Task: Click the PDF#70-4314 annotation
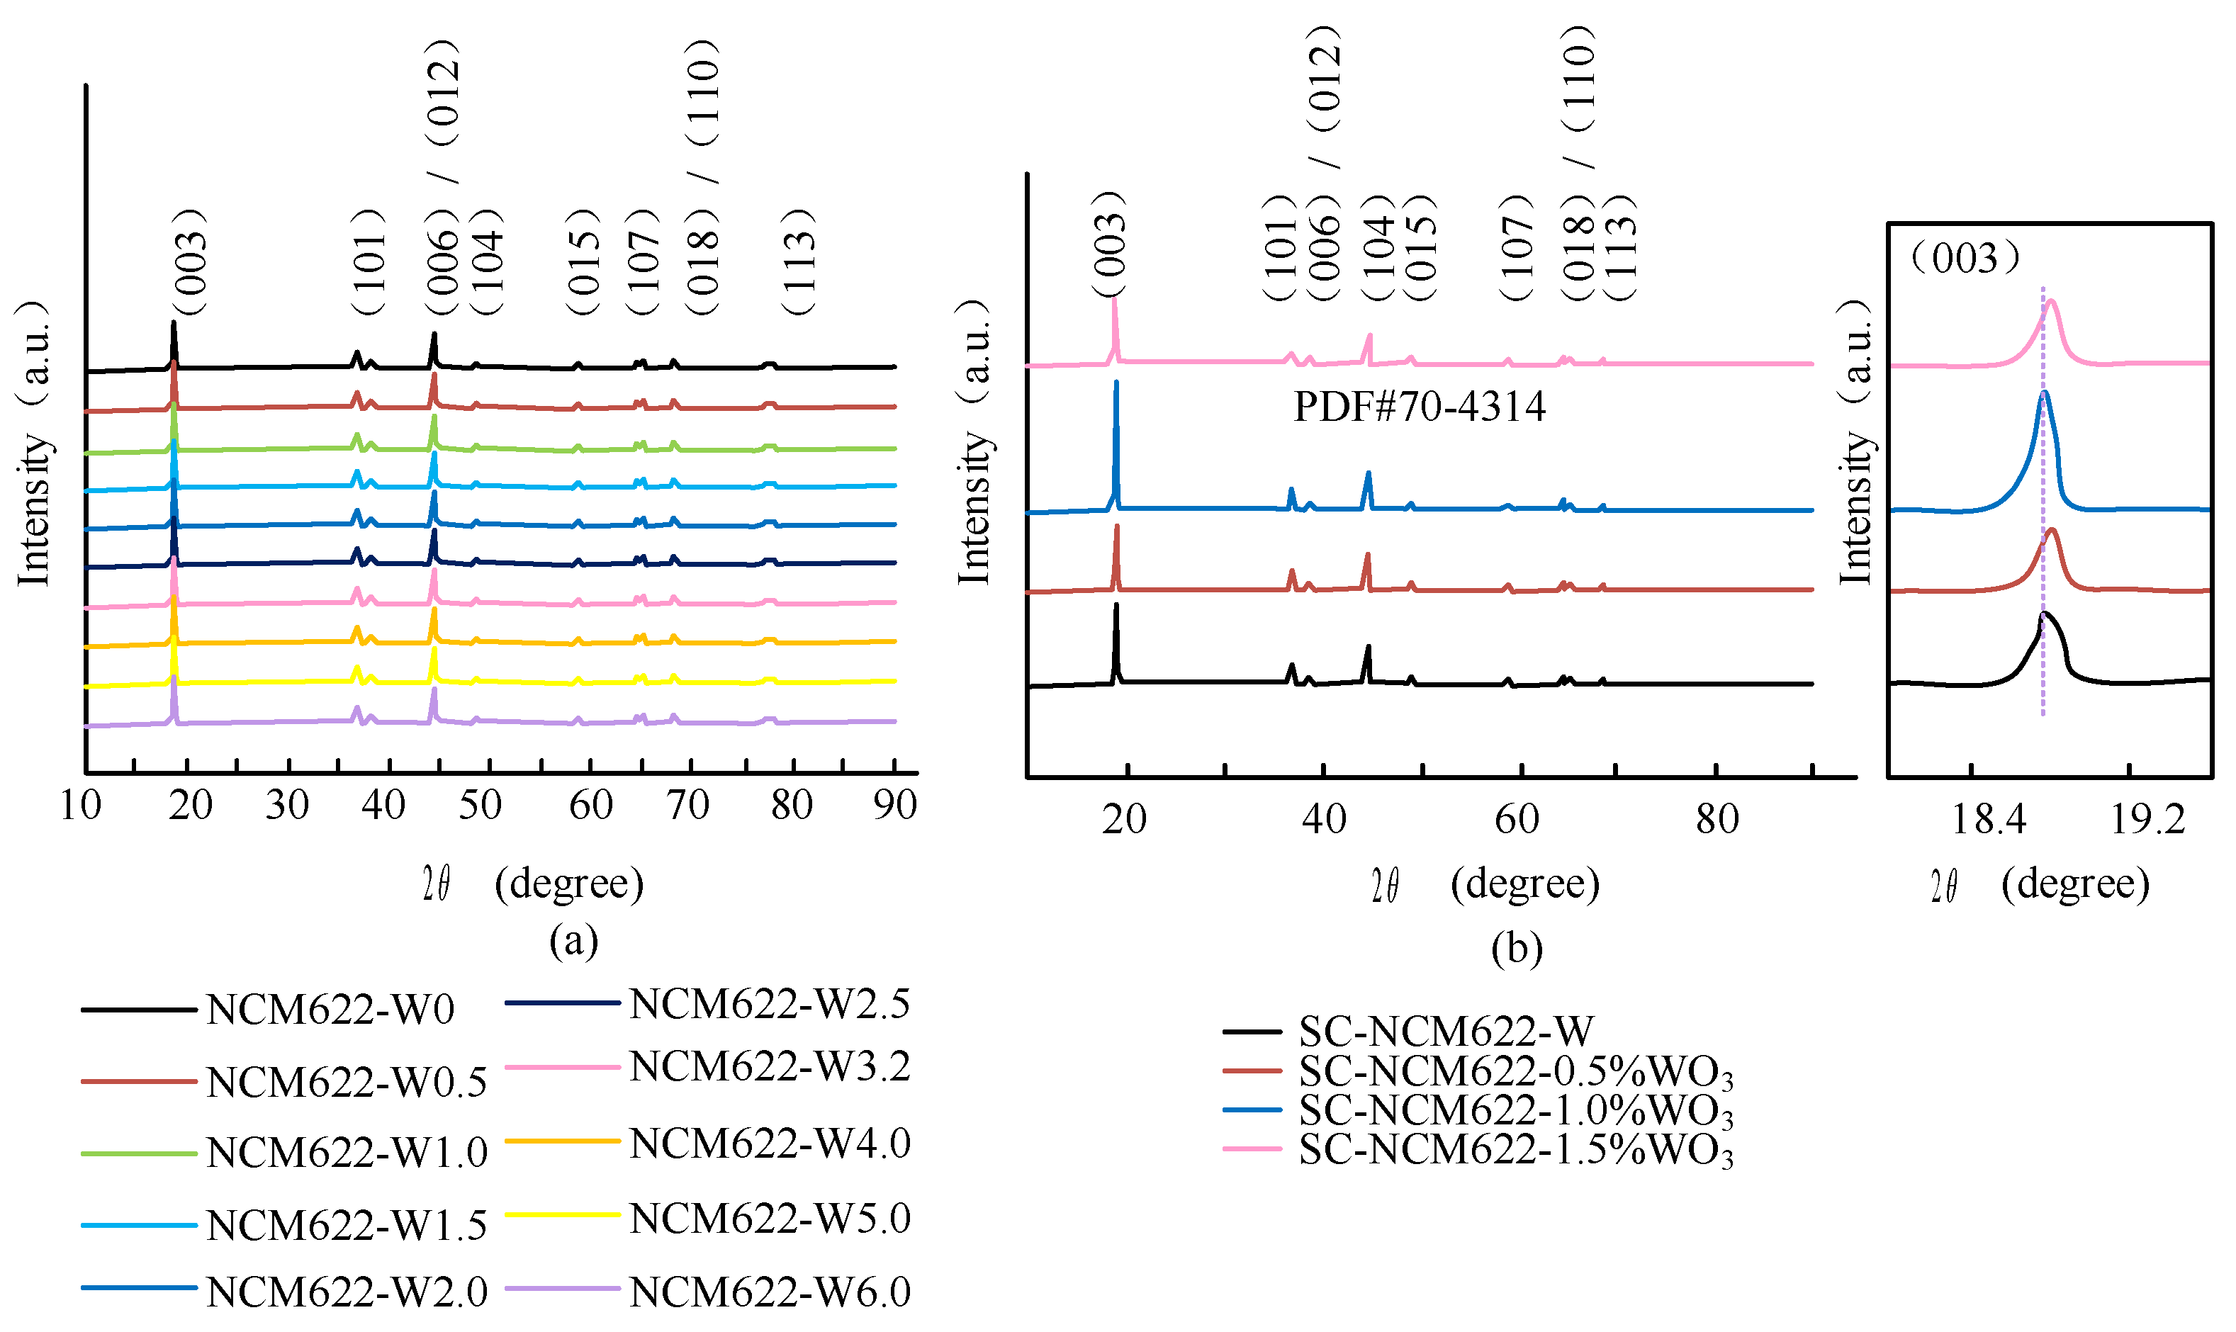point(1419,407)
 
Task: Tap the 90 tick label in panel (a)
point(895,805)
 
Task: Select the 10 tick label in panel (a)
point(80,805)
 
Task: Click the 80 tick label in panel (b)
point(1717,818)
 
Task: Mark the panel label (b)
point(1516,949)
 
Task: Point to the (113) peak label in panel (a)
point(798,261)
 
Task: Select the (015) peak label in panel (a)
point(583,261)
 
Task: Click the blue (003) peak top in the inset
point(2044,393)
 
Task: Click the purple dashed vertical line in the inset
point(2043,538)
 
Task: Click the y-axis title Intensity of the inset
point(1855,444)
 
